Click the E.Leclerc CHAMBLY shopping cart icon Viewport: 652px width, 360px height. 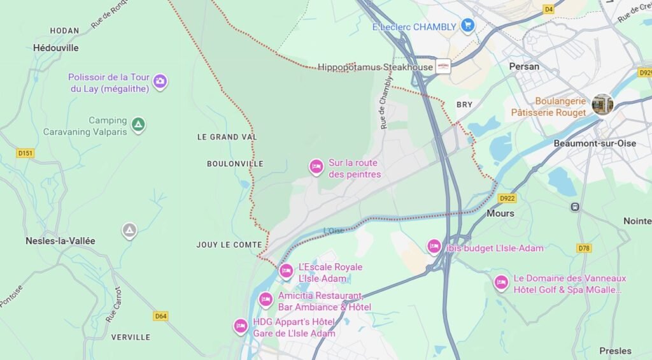(x=468, y=26)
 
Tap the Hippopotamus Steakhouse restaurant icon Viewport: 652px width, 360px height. (x=443, y=66)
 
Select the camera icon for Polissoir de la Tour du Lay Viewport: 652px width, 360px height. (x=160, y=81)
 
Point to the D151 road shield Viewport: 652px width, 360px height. (x=25, y=153)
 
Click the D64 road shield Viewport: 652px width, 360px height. (x=161, y=315)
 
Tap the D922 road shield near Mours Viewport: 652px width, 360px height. (x=507, y=198)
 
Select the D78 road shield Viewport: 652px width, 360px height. (x=584, y=247)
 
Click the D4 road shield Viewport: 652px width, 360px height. (x=549, y=9)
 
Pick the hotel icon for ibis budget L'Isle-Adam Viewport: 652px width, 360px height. (x=434, y=247)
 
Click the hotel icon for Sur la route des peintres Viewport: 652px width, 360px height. (x=316, y=167)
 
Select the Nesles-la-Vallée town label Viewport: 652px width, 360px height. (x=60, y=241)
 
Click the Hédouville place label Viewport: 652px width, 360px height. (x=56, y=48)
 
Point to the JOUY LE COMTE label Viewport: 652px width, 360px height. (x=229, y=245)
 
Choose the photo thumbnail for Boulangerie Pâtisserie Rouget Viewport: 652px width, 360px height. (x=602, y=104)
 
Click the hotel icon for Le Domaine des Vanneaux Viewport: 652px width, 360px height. (x=501, y=282)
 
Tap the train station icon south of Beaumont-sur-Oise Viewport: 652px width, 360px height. (x=576, y=206)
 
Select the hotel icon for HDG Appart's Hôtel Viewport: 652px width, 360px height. (x=241, y=326)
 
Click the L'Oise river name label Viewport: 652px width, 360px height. (x=333, y=231)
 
